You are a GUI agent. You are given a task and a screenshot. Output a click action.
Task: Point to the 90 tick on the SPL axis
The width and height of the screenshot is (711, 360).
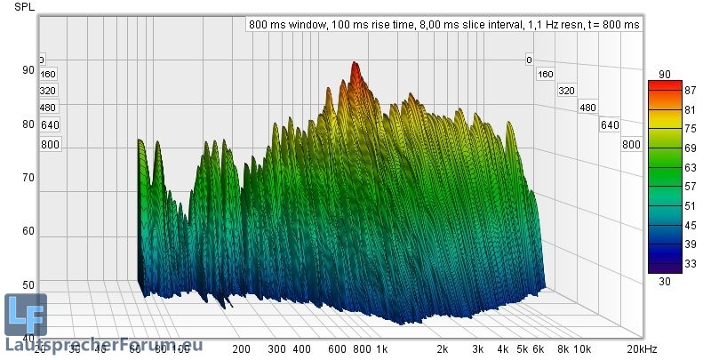tap(28, 70)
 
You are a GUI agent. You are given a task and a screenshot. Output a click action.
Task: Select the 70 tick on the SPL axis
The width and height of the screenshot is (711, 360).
tap(28, 178)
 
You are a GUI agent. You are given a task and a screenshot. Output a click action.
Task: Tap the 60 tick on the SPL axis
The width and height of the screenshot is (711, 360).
tap(28, 231)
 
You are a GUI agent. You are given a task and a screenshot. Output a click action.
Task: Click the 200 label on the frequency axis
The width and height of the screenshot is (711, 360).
tap(240, 349)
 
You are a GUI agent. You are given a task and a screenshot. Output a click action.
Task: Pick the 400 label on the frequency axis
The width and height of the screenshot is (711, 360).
tap(301, 349)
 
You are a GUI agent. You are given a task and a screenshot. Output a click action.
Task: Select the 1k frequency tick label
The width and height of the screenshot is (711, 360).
tap(381, 349)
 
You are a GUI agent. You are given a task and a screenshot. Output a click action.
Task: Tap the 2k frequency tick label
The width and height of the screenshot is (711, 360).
tap(442, 349)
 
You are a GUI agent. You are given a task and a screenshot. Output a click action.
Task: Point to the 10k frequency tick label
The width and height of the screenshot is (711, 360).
tap(582, 349)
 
